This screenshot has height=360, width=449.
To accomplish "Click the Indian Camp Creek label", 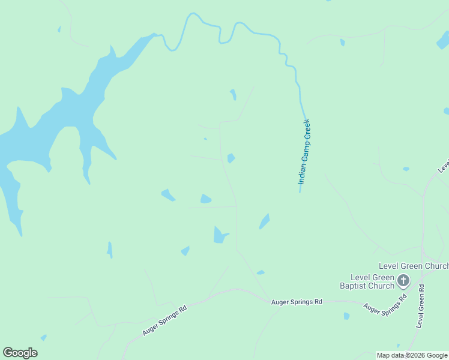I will pos(305,151).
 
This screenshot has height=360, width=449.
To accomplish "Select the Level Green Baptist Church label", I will pos(366,281).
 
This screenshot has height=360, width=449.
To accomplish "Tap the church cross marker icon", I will pos(403,280).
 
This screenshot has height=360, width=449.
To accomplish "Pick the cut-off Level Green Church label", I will pos(414,266).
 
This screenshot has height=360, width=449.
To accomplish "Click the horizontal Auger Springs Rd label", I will pos(297,302).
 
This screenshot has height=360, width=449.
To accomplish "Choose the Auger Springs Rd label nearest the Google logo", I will pos(165,320).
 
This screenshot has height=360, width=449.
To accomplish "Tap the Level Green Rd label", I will pos(421,305).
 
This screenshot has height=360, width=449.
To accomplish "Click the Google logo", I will pos(20,353).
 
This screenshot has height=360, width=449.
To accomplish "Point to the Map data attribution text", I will pos(412,355).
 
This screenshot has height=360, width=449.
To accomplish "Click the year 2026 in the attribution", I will pos(418,355).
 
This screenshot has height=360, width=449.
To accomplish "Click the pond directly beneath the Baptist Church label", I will pos(346,316).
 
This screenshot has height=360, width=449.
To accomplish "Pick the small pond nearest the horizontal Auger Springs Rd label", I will pos(261,272).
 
